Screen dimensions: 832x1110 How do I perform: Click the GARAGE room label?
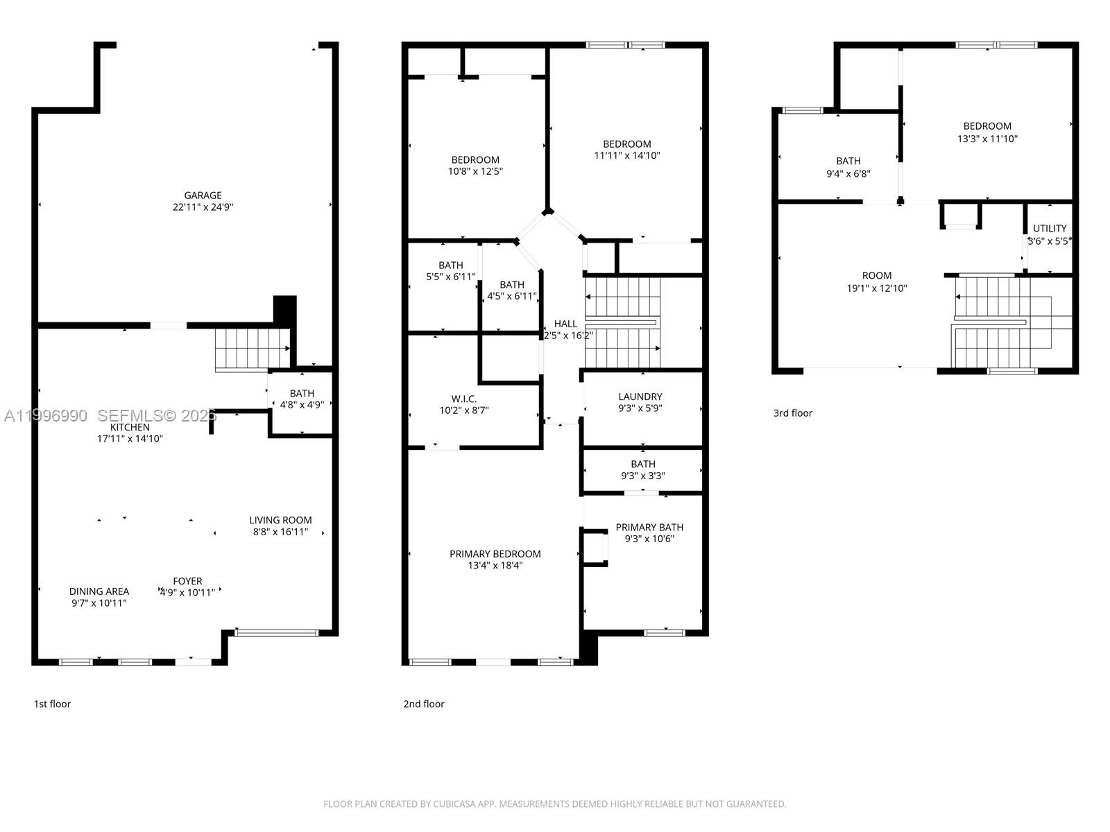(x=203, y=196)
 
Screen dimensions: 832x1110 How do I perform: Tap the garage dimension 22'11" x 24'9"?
(x=203, y=207)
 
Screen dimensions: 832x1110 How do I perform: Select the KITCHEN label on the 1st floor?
(x=130, y=427)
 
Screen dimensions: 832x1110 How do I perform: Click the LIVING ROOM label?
(x=280, y=520)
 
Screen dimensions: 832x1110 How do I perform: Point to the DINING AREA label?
(x=99, y=591)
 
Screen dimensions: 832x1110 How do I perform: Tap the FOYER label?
(x=187, y=581)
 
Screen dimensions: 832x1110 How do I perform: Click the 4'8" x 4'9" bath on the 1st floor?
(x=302, y=399)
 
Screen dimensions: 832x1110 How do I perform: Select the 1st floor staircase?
(x=251, y=349)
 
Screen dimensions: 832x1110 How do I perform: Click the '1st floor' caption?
(x=53, y=704)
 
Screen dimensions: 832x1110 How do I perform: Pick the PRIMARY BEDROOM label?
(x=495, y=553)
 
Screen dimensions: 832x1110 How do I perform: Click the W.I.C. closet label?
(x=463, y=399)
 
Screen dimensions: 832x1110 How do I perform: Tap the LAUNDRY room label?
(x=640, y=397)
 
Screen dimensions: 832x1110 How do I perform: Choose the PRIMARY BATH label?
(x=649, y=527)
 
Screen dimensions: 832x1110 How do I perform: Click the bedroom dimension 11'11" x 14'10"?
(x=626, y=156)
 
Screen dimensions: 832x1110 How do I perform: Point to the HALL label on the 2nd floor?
(x=565, y=324)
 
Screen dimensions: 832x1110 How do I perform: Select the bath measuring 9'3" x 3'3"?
(x=643, y=470)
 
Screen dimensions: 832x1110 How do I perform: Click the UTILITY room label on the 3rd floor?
(x=1050, y=228)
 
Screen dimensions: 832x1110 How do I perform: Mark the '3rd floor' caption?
(x=792, y=413)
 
